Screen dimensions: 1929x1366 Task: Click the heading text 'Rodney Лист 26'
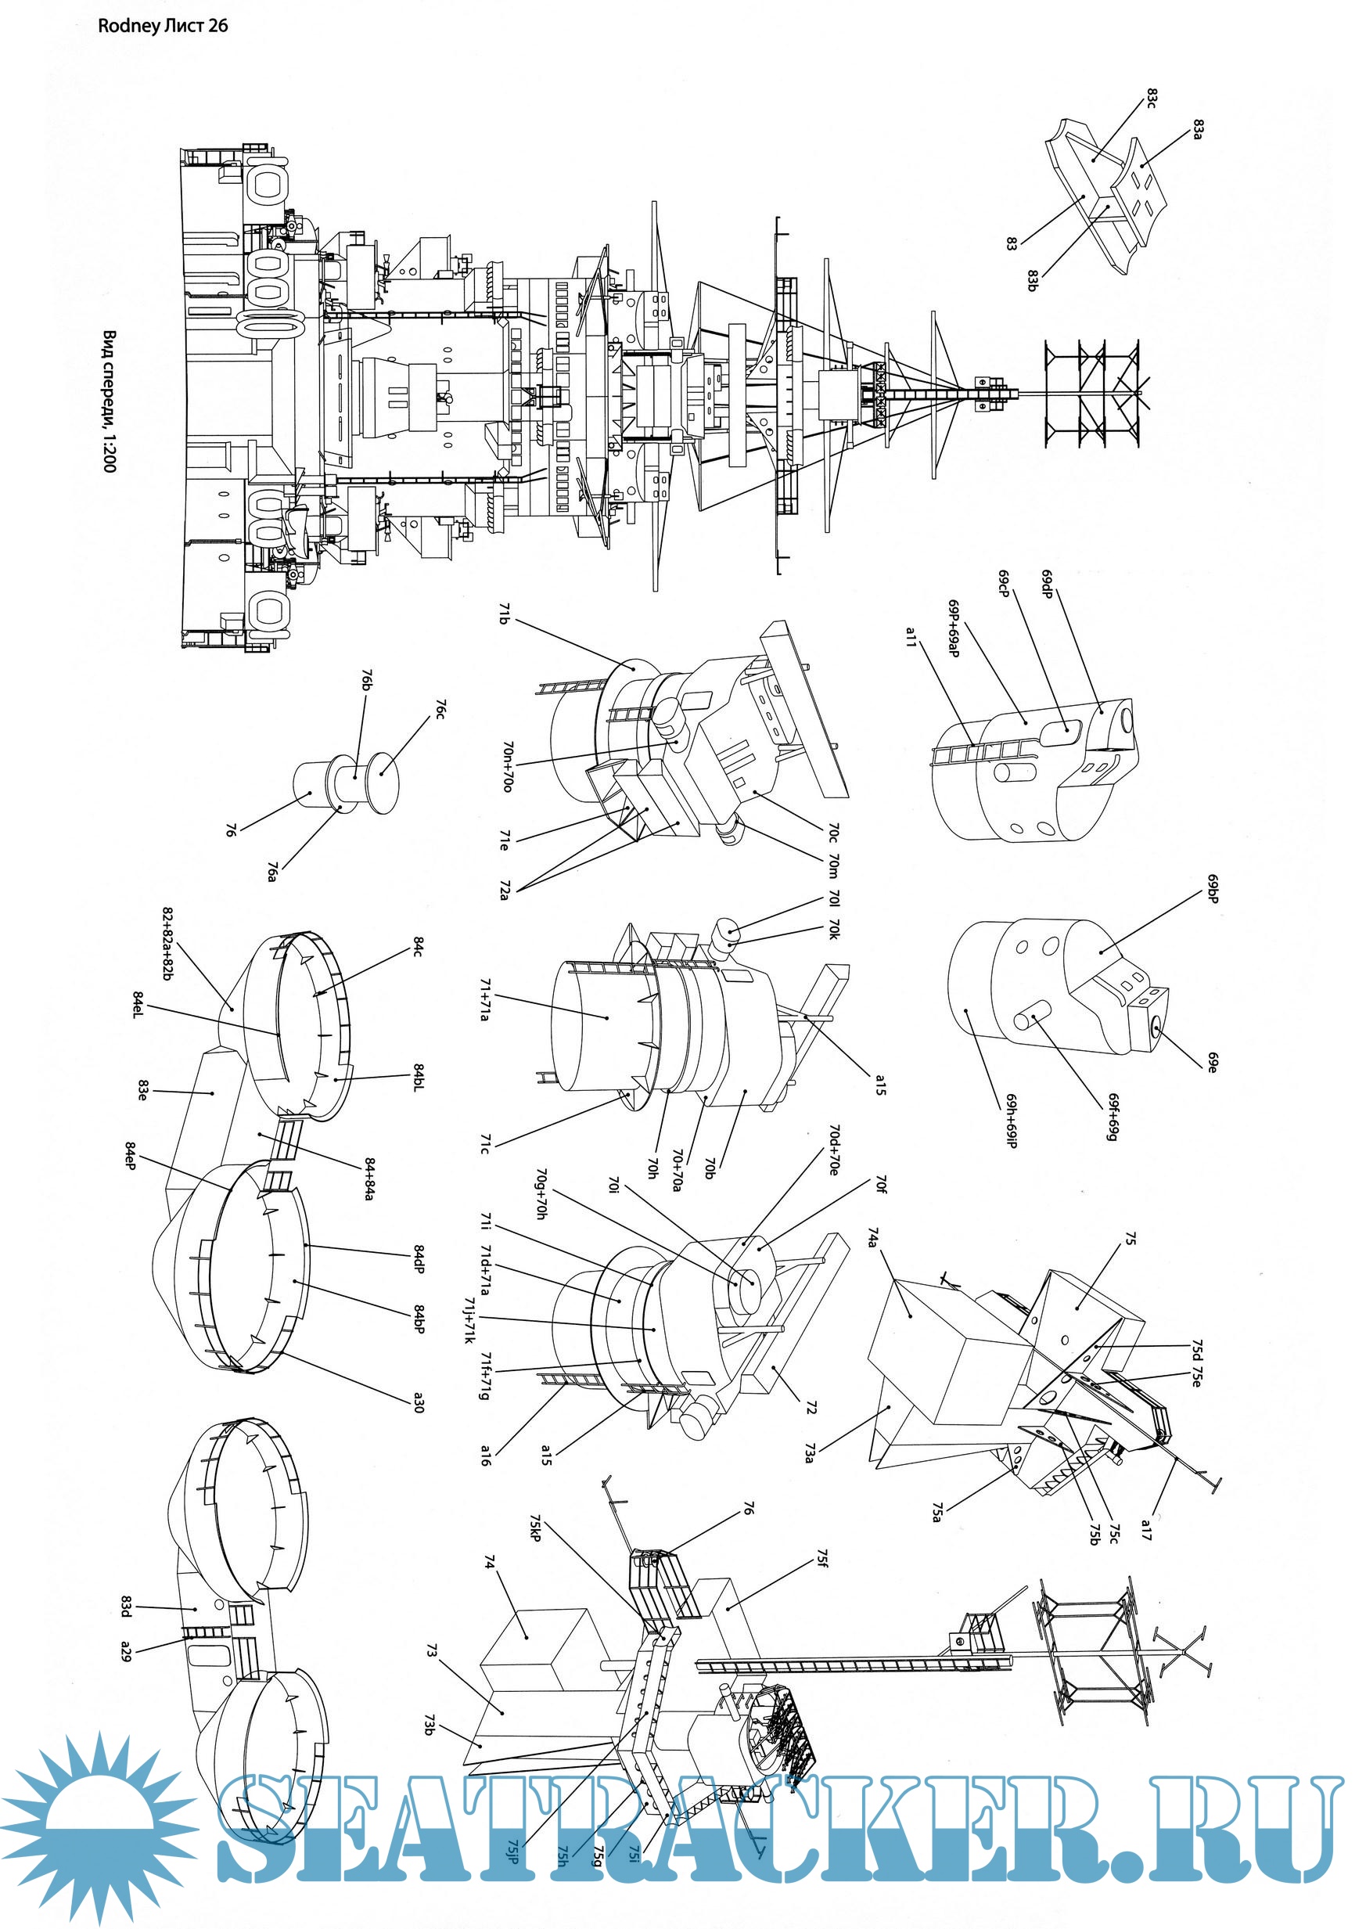(x=162, y=26)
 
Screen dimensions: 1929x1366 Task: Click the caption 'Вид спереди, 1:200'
(x=110, y=401)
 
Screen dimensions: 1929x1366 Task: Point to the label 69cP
(x=1004, y=583)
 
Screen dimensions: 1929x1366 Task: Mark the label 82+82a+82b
(x=167, y=944)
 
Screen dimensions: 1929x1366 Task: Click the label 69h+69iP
(x=1012, y=1121)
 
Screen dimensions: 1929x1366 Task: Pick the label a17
(x=1146, y=1529)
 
